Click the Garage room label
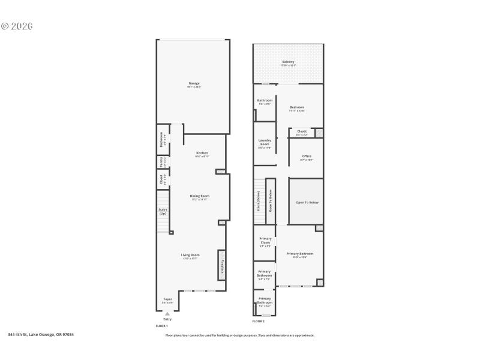(x=193, y=83)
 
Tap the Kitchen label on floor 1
(x=202, y=153)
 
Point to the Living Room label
(x=190, y=255)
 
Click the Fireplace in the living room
(x=221, y=265)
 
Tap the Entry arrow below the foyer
(x=167, y=313)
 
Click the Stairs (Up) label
(x=163, y=211)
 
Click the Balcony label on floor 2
(x=288, y=62)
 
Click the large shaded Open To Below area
(x=307, y=202)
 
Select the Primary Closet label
(x=265, y=242)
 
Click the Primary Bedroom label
(x=299, y=254)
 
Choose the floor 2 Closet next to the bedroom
(x=302, y=131)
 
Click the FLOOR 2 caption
(x=258, y=322)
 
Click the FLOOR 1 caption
(x=161, y=325)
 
